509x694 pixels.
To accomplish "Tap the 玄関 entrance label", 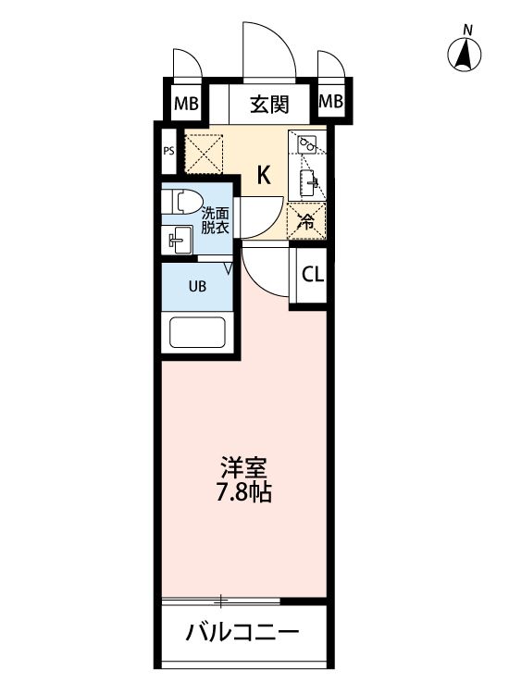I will pos(268,103).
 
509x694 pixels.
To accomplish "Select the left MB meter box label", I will pos(186,103).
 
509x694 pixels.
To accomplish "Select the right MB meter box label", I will pos(330,103).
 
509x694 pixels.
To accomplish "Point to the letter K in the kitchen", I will pos(264,175).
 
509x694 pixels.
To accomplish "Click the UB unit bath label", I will pos(198,286).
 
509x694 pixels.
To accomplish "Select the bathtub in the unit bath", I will pos(199,334).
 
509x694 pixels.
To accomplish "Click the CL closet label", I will pos(312,274).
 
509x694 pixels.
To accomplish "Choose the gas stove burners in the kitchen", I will pos(308,145).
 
